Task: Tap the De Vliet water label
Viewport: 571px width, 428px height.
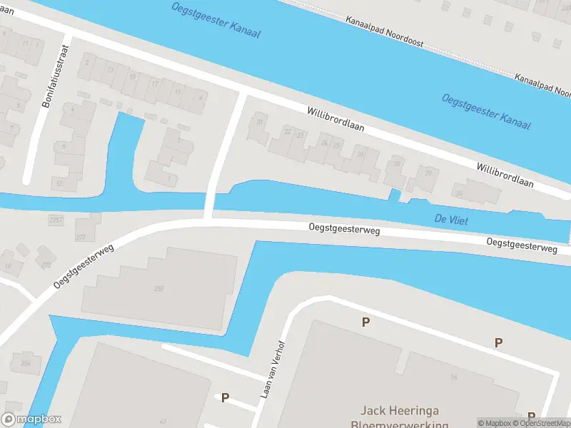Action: [451, 220]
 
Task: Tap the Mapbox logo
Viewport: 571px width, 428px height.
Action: [31, 419]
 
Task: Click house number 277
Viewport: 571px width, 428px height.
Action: [80, 237]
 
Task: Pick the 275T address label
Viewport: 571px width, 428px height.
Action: [56, 220]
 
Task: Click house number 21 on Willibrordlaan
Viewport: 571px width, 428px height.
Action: [260, 122]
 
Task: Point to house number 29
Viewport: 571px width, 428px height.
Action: [428, 173]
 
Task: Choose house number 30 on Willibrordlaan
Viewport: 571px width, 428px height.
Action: [460, 193]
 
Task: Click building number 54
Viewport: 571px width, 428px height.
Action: [453, 376]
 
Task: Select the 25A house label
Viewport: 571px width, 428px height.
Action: [26, 364]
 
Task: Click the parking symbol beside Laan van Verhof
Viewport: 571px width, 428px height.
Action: [226, 397]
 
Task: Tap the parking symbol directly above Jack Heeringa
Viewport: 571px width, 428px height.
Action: [365, 322]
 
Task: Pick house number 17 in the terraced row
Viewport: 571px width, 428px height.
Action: [155, 83]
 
